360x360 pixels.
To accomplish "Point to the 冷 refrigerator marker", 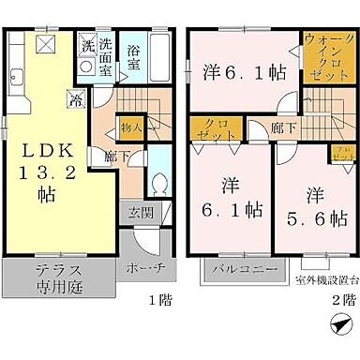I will click(x=74, y=95).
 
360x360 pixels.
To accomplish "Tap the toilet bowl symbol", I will click(x=159, y=183).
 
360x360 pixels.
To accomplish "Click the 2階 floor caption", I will click(x=343, y=301).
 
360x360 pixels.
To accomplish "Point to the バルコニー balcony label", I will click(x=241, y=271).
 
